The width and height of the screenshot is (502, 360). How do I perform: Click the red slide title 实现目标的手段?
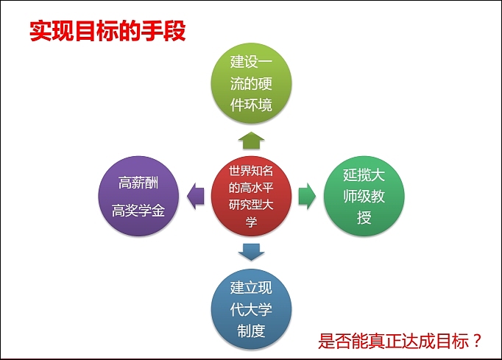click(x=107, y=30)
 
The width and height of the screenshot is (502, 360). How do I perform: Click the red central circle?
click(x=251, y=195)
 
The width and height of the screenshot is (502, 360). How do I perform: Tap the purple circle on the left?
click(x=139, y=196)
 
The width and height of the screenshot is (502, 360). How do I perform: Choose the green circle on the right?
click(x=364, y=196)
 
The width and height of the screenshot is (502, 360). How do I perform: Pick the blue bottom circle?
click(x=251, y=308)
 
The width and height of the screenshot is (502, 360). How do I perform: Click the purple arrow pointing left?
click(x=195, y=196)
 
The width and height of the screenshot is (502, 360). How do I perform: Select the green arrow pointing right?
click(x=307, y=196)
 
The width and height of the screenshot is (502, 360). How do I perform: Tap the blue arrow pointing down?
click(x=251, y=252)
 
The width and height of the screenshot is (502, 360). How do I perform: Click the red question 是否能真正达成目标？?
click(x=400, y=342)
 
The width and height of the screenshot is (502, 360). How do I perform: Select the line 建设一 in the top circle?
click(x=251, y=62)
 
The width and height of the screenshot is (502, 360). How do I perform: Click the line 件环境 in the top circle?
click(x=251, y=105)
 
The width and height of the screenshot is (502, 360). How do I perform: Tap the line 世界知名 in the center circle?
click(x=251, y=170)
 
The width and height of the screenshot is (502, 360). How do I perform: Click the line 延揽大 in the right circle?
click(x=364, y=174)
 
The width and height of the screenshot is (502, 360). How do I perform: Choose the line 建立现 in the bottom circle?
click(x=251, y=287)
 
